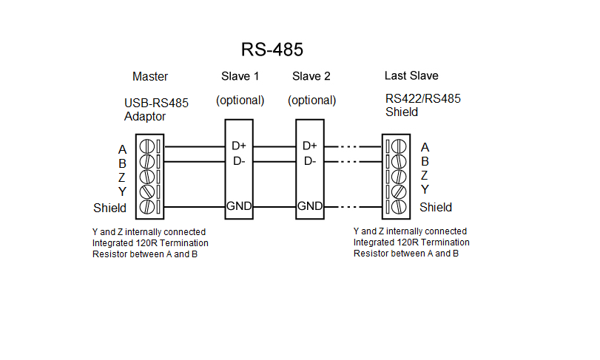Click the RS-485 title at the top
pos(272,50)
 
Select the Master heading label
pos(150,77)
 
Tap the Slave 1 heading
pos(240,77)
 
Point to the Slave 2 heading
pos(311,77)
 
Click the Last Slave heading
pos(411,76)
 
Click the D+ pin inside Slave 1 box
pos(239,146)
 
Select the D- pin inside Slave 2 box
pos(310,161)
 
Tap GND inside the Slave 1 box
pos(239,206)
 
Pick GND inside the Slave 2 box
pos(310,206)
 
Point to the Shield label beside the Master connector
pos(109,208)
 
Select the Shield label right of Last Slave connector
pos(436,207)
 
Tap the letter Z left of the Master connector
pos(122,177)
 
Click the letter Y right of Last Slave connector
pos(425,190)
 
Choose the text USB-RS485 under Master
pos(156,103)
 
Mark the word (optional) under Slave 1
pos(240,101)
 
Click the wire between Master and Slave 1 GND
pos(194,206)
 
